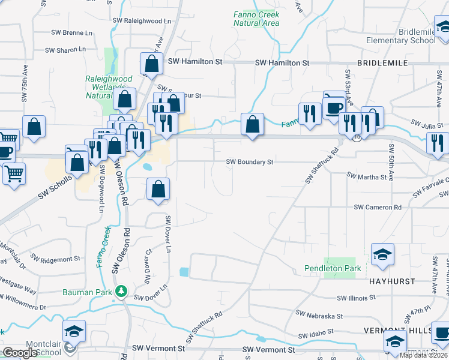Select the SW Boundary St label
250,161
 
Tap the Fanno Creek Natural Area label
256,19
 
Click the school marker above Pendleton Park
382,254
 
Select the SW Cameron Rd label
378,207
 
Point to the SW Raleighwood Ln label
142,20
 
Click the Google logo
20,353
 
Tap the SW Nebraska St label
319,315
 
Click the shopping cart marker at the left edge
14,174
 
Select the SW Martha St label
367,177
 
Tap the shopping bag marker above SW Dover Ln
158,190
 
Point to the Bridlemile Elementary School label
401,35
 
